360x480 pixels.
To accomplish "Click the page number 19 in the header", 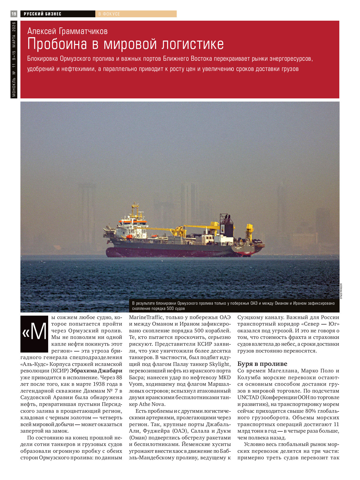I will [x=14, y=14].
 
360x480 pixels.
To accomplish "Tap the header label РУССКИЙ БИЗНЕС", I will [x=42, y=14].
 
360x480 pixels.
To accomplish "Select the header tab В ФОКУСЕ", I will [x=109, y=14].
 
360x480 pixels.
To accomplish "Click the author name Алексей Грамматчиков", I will [x=67, y=31].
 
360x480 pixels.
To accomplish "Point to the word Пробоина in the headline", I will [x=57, y=44].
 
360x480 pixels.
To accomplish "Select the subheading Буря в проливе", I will [x=262, y=364].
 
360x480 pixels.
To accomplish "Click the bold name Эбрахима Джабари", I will [x=96, y=371].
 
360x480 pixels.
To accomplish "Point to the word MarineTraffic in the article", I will [x=146, y=317].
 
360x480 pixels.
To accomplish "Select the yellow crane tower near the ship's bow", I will [x=249, y=232].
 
